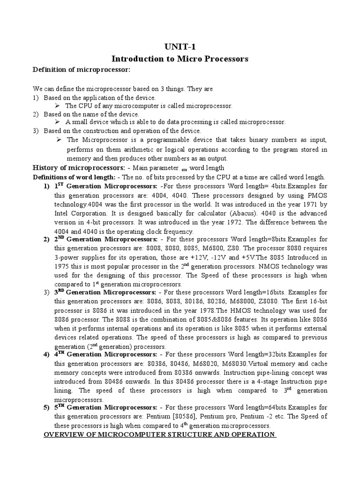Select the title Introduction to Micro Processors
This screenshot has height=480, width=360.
pos(180,59)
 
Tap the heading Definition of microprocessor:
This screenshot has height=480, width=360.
pos(80,70)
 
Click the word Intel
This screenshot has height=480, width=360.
pos(63,213)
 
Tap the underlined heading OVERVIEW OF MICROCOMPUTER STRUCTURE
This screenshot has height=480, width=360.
pos(159,435)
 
